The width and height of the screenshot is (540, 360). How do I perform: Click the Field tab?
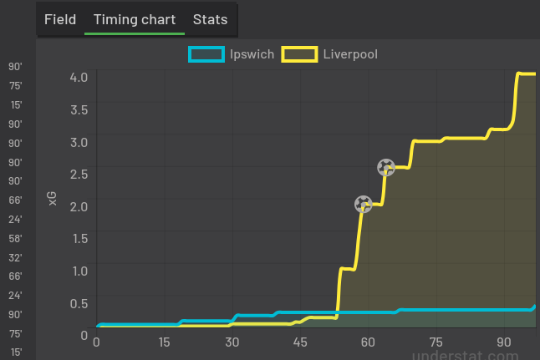click(x=60, y=19)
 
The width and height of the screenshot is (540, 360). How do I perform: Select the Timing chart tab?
click(x=135, y=19)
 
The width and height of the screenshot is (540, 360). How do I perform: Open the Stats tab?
click(x=210, y=19)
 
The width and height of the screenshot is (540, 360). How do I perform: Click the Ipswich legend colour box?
click(x=206, y=54)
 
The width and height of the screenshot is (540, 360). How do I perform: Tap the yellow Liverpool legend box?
click(x=300, y=54)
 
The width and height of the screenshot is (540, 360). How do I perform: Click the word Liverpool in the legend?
click(x=350, y=54)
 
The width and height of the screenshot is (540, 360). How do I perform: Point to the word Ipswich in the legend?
click(x=252, y=54)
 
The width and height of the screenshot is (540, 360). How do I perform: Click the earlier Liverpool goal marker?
click(x=363, y=204)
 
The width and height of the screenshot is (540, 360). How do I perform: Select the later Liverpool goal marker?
click(x=385, y=168)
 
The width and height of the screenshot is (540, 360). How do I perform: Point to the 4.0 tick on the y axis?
click(x=79, y=77)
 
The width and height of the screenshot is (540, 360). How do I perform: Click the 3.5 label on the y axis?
click(x=79, y=109)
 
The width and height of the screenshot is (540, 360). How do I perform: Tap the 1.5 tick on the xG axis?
click(x=79, y=238)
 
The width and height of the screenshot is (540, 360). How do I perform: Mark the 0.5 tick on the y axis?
click(x=79, y=302)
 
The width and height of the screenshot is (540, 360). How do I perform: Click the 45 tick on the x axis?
click(x=300, y=342)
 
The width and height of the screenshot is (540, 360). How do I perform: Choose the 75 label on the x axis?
click(x=436, y=342)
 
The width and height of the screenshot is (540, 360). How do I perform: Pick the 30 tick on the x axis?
click(x=232, y=342)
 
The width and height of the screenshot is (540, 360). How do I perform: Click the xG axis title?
click(x=53, y=198)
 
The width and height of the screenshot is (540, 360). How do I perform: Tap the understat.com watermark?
click(x=472, y=354)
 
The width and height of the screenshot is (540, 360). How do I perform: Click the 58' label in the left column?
click(x=15, y=238)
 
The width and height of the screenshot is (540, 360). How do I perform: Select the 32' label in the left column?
click(x=15, y=257)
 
